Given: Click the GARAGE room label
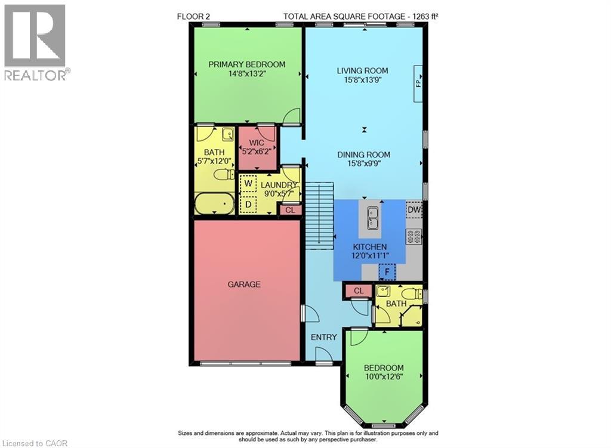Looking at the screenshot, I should tap(243, 285).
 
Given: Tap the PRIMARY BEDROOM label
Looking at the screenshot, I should tap(246, 64).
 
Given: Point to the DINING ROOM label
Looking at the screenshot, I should tap(363, 155).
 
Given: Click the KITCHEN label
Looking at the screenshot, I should tap(369, 247).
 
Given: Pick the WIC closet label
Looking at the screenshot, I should tap(257, 143).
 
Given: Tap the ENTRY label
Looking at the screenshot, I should tap(324, 337).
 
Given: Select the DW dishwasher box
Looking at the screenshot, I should tap(414, 211).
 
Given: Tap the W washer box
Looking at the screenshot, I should tap(248, 184).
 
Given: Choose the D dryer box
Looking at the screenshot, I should tap(248, 205).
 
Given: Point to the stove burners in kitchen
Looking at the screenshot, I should tap(414, 236).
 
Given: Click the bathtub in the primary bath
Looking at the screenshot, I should tap(214, 204).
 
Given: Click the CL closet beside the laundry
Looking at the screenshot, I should tap(290, 209).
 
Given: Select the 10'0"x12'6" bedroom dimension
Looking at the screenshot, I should tap(384, 377).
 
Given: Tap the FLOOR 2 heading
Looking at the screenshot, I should tap(195, 16).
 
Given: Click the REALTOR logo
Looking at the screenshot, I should tap(36, 42).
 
